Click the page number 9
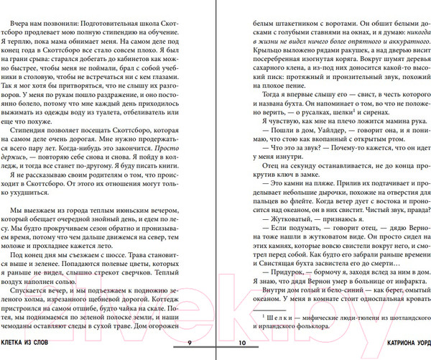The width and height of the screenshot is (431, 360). coord(188,343)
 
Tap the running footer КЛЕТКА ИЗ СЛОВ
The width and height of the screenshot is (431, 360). coord(35,343)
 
